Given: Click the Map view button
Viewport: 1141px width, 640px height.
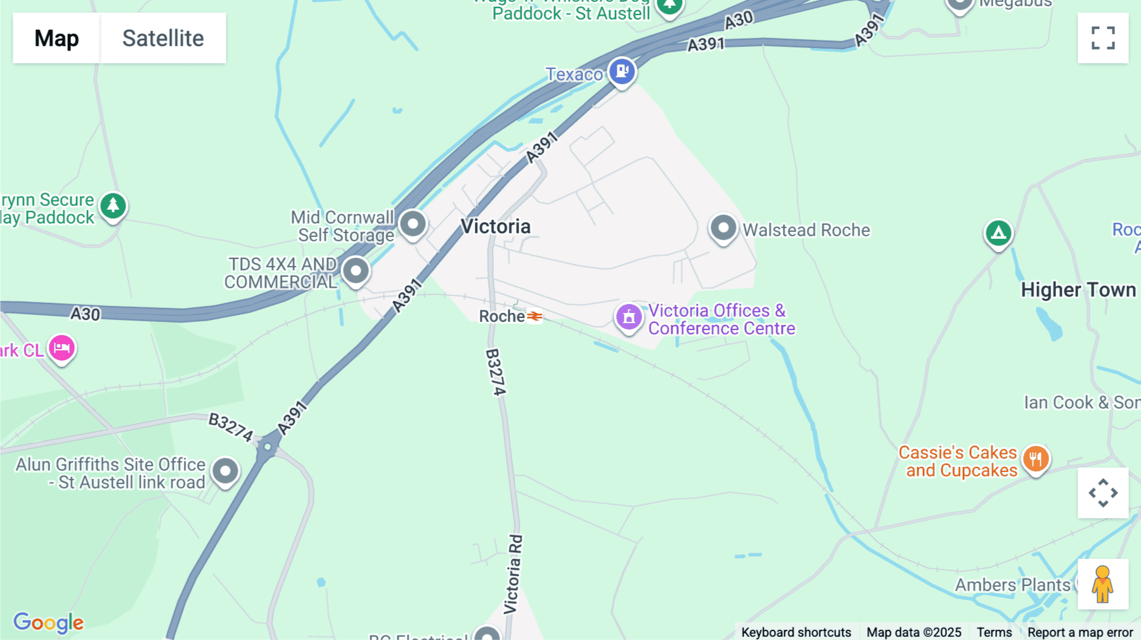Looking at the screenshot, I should pos(56,38).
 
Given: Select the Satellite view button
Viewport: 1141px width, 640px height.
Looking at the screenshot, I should pos(163,38).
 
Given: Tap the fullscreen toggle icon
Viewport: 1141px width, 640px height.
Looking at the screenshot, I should pos(1103,38).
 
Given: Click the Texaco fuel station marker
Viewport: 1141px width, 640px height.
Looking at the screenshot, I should pos(622,71).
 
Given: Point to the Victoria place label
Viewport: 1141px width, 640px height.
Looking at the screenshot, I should pos(496,226).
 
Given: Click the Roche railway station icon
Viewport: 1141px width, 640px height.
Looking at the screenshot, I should pos(534,316).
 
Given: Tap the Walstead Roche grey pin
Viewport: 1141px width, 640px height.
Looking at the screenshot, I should pos(723,227).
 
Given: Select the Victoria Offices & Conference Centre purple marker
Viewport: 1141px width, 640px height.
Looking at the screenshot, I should pos(629,316).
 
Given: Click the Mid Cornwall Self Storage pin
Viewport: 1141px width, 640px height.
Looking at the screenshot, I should pos(413,224).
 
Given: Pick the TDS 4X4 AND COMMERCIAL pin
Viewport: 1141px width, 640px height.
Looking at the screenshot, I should pos(356,271).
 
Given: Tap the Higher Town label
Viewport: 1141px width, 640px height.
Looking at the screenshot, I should pos(1078,290).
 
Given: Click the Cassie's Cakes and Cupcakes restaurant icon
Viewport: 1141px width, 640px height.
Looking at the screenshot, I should pos(1036,458).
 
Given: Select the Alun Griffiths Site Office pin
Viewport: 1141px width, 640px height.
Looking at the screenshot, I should pos(225,471).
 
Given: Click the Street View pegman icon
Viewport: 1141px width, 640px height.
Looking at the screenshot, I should pos(1103,584).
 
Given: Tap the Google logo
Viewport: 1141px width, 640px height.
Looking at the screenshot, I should pos(48,622).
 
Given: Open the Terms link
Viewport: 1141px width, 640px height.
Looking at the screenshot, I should pos(994,632).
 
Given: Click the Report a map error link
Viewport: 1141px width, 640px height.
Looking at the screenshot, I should pos(1080,632).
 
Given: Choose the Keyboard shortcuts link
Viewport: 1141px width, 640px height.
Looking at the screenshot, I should pos(796,632).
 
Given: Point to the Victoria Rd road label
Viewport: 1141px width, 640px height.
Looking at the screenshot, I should pos(513,574).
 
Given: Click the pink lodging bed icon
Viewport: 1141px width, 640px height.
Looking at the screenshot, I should pos(61,348).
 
